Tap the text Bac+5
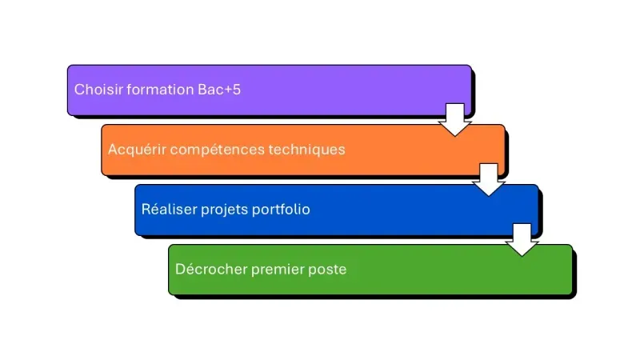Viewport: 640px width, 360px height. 219,90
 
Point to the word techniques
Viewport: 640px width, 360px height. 307,150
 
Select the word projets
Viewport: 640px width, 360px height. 223,210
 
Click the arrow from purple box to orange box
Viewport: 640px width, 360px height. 455,119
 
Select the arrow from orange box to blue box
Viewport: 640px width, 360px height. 489,179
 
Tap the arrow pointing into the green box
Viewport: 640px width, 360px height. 522,239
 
